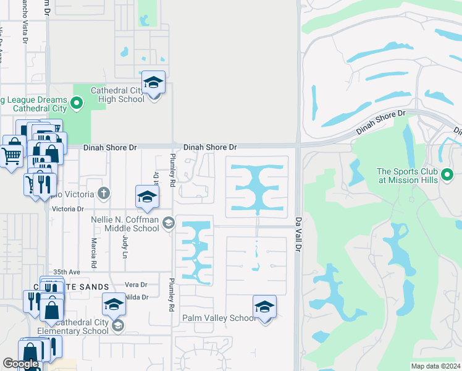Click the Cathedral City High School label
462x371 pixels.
pos(117,95)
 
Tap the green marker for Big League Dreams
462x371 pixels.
pos(77,103)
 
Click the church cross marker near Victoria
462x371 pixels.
pos(104,194)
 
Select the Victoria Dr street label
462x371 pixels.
pos(68,209)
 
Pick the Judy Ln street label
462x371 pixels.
pos(125,245)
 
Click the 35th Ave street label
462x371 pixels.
pos(67,271)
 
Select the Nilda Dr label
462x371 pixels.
pos(137,297)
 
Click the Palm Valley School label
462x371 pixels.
pos(218,318)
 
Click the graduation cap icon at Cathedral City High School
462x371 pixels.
pos(153,82)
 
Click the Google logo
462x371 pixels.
pos(20,364)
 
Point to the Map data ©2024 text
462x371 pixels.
pos(435,366)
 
